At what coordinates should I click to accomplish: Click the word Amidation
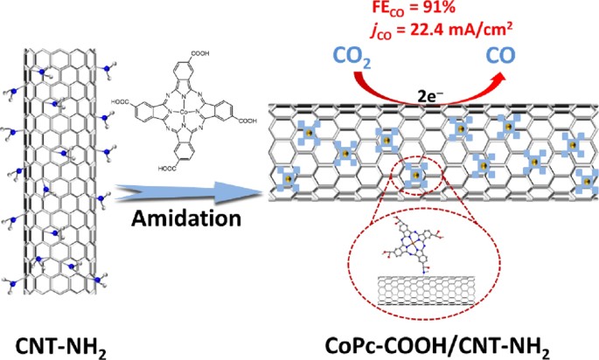[x=186, y=219]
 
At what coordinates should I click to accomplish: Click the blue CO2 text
[x=352, y=58]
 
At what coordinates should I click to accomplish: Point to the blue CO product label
[x=500, y=55]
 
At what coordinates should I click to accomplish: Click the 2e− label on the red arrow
[x=430, y=97]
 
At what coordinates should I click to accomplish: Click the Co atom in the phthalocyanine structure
[x=184, y=112]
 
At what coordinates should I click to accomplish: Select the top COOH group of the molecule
[x=199, y=53]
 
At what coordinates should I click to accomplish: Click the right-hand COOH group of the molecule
[x=247, y=121]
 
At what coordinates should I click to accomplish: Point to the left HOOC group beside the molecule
[x=121, y=102]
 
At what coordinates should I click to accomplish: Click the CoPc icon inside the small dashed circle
[x=416, y=176]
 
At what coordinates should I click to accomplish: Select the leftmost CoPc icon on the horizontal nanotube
[x=288, y=178]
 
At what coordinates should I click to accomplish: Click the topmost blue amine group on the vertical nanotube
[x=42, y=72]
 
